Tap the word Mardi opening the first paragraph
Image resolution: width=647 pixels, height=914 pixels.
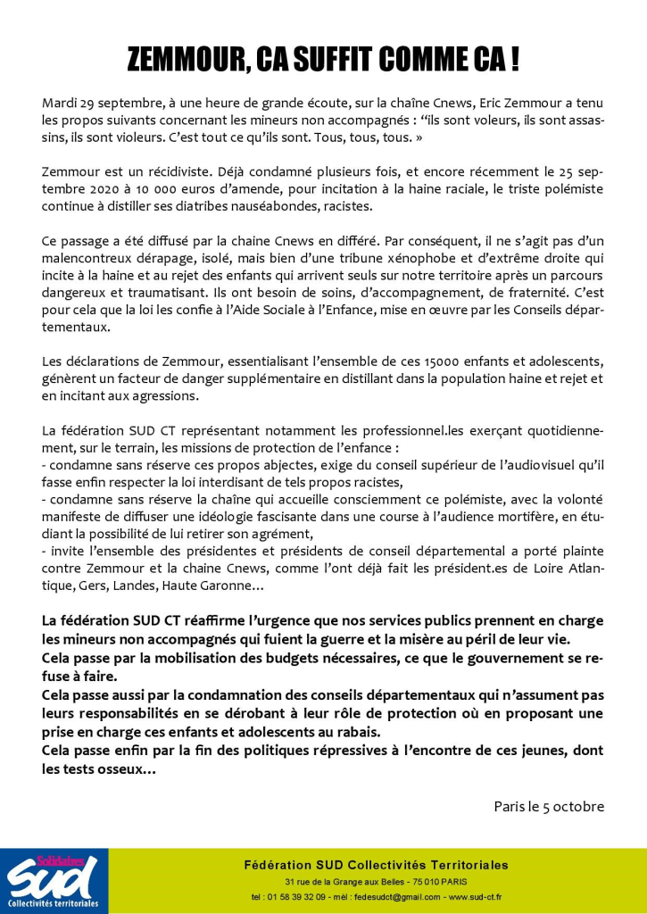click(60, 103)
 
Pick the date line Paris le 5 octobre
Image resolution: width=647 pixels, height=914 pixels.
click(549, 806)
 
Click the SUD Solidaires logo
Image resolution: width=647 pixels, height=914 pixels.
click(54, 881)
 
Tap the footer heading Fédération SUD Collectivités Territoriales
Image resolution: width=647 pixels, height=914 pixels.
click(377, 865)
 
